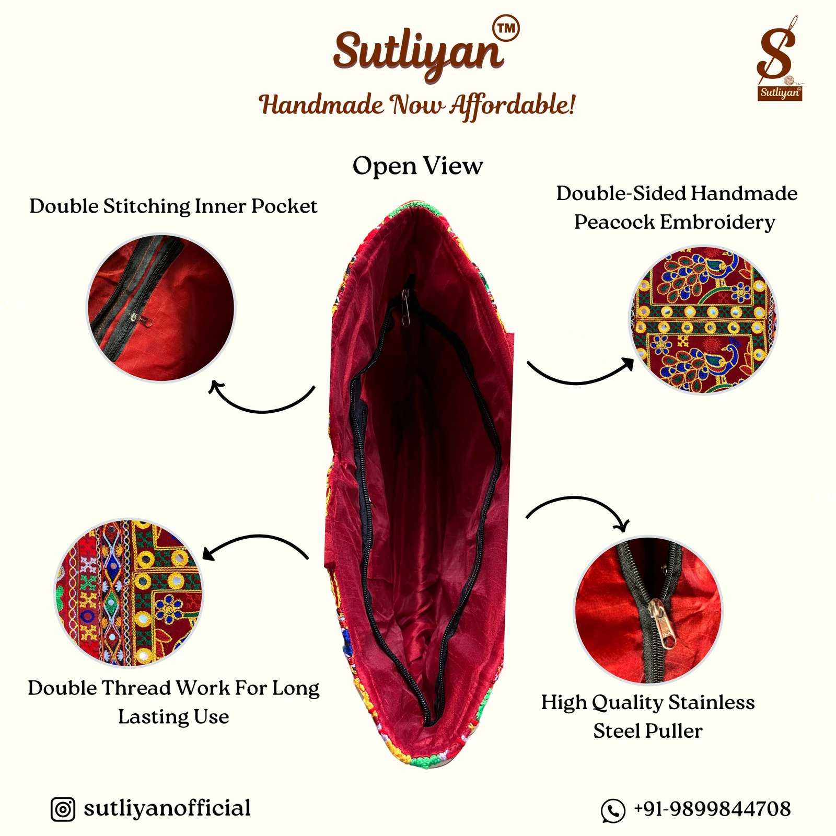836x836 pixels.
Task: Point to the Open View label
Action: (417, 166)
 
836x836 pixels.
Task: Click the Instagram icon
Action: (63, 809)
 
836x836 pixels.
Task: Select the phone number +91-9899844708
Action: (712, 809)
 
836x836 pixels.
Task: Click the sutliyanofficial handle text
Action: (167, 808)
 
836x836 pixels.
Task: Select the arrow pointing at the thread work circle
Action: (256, 537)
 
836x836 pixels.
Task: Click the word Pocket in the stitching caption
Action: (284, 206)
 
